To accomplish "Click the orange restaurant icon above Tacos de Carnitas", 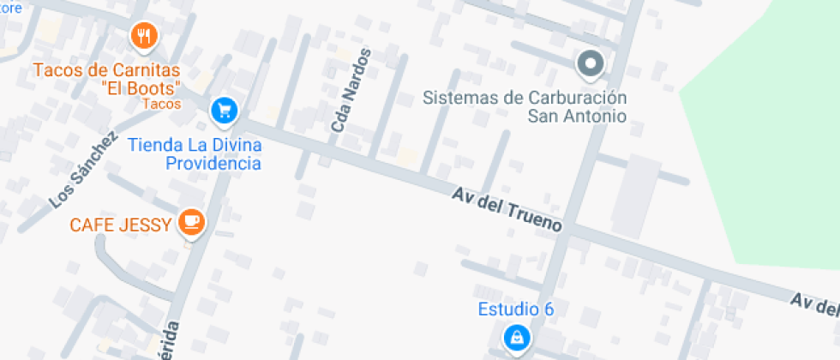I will [x=143, y=36].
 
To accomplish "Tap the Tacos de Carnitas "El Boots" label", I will [x=107, y=79].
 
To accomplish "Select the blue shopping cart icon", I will [x=225, y=109].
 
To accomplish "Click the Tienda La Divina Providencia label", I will [x=195, y=153].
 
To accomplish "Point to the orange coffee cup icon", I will [x=191, y=224].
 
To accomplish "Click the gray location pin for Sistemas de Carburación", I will [x=589, y=63].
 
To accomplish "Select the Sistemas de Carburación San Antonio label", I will [x=525, y=106].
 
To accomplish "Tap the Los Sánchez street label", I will [x=82, y=170].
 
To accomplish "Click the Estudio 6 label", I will [x=516, y=309].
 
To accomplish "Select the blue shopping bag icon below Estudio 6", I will [x=516, y=339].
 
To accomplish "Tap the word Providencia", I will [x=213, y=163].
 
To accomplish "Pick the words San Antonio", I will [x=576, y=116].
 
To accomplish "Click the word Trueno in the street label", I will [x=536, y=219].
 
